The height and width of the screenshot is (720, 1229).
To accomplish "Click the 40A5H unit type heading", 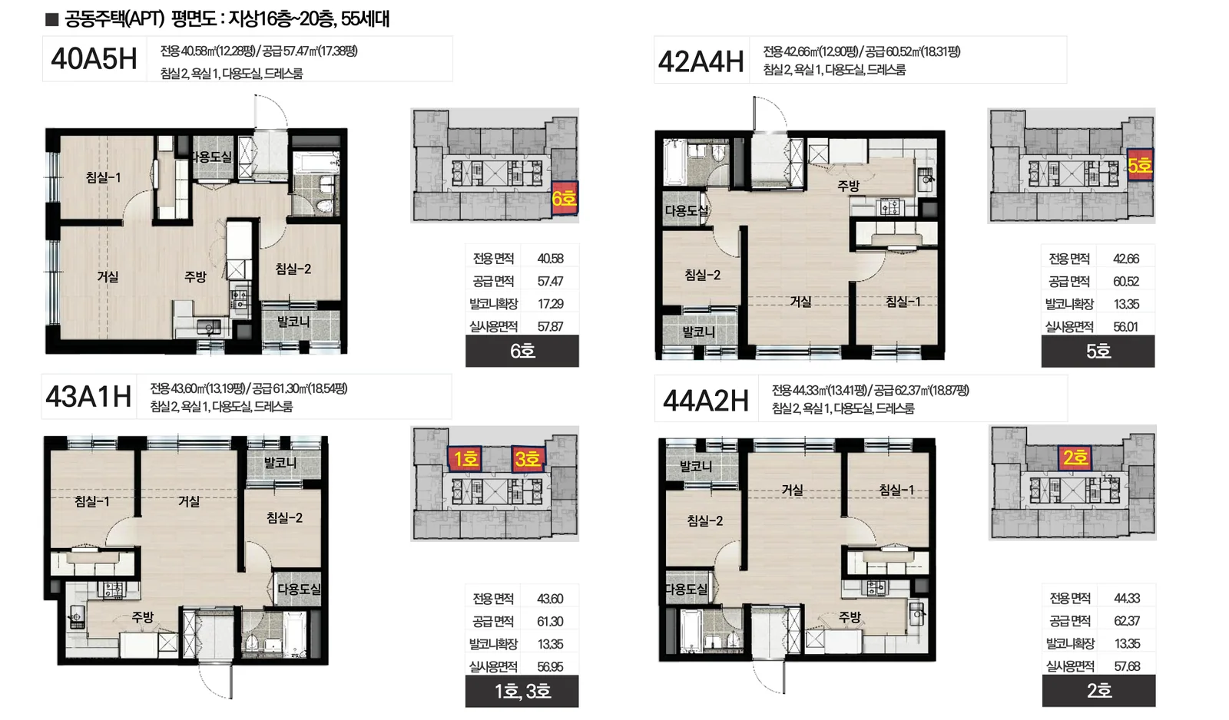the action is [94, 59].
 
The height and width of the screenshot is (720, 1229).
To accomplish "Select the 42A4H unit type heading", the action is [701, 61].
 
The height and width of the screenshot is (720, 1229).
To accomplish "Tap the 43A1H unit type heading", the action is [88, 397].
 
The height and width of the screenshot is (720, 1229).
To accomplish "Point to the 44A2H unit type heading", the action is [706, 401].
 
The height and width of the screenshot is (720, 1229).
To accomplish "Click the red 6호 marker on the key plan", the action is [565, 199].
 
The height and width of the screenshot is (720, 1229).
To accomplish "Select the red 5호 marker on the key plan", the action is [1140, 164].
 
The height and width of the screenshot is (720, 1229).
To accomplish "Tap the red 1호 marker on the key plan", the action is [465, 458].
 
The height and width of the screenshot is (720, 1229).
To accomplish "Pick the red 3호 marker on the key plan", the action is [528, 458].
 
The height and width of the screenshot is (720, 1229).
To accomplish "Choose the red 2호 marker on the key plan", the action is [1075, 457].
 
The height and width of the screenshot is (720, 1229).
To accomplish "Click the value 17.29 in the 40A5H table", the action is [550, 304].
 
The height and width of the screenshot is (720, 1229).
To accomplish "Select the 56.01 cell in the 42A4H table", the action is [1126, 327].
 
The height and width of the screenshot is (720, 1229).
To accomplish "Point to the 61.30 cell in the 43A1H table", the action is [550, 621].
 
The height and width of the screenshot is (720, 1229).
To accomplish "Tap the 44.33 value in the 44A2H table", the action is [1127, 598].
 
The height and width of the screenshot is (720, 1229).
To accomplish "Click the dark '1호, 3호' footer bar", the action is [522, 691].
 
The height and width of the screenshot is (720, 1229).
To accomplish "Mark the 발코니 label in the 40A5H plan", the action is [293, 322].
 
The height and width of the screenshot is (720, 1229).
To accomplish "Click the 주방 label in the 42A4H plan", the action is [848, 186].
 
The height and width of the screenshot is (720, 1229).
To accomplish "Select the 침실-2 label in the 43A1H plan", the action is [284, 517].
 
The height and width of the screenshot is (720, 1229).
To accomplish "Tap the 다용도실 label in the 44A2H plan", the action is [687, 589].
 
